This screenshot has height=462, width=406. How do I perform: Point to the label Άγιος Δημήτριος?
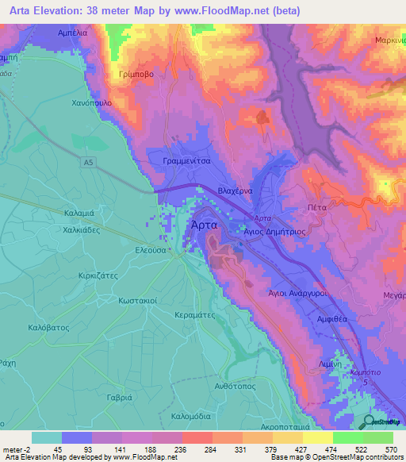pos(274,227)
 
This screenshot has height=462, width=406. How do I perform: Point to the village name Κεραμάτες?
pos(196,314)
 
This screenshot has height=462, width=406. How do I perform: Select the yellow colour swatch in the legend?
pos(317,437)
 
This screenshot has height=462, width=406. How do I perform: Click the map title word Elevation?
pos(63,11)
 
